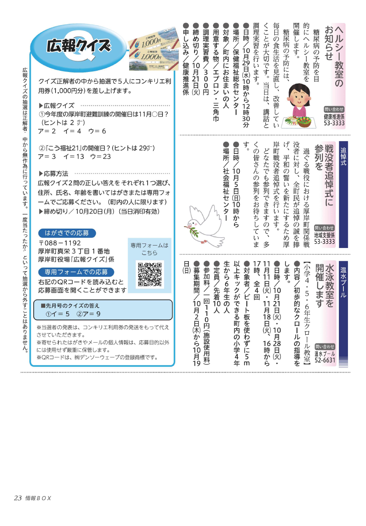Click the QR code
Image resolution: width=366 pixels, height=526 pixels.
151,274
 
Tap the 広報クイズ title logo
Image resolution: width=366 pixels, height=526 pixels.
78,46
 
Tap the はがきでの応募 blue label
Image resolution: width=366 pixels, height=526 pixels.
67,233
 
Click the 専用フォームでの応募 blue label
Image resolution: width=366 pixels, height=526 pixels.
76,272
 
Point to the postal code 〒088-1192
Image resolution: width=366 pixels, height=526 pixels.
60,243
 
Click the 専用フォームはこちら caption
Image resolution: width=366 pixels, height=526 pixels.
149,249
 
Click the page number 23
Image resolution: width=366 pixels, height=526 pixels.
17,498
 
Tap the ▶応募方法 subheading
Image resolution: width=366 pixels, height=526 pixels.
53,174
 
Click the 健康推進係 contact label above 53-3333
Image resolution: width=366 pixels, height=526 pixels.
334,117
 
